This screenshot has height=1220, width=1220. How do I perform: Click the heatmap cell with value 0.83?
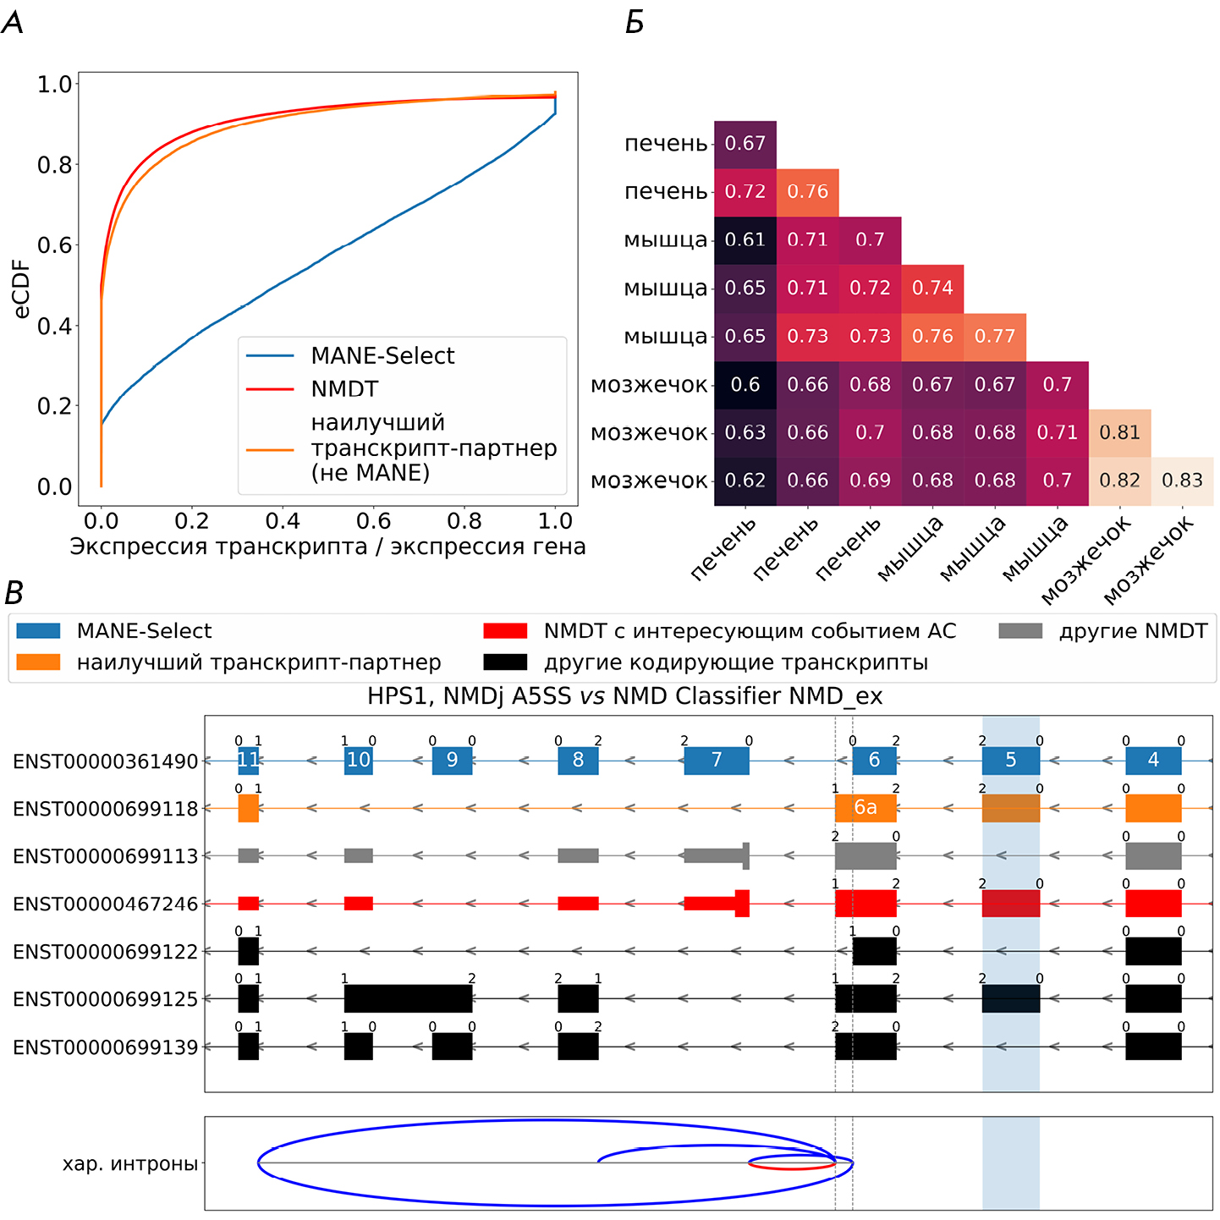coord(1182,481)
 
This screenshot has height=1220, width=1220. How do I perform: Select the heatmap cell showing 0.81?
coord(1119,432)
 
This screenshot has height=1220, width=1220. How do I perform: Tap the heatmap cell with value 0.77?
coord(995,337)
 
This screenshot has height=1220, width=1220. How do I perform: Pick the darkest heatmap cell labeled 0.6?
coord(745,385)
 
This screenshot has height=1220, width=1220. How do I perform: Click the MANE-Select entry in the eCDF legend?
coord(382,356)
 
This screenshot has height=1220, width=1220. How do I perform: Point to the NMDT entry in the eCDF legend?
coord(344,389)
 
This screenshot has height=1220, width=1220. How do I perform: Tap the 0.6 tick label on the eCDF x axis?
coord(373,520)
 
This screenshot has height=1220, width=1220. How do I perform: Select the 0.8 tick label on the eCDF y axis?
coord(54,165)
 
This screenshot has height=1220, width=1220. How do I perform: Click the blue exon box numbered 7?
coord(717,760)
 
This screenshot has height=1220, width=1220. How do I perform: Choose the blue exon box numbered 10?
coord(359,760)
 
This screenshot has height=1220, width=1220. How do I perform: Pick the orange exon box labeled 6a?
coord(865,808)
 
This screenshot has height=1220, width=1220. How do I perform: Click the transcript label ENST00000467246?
coord(105,904)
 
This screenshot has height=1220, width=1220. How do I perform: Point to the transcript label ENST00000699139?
coord(105,1047)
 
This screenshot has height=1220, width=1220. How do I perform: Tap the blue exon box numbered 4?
coord(1153,760)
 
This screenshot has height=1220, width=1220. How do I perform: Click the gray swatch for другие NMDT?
coord(1019,631)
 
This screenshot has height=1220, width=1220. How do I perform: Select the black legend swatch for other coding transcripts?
coord(504,662)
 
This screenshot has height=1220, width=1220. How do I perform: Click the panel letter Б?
coord(635,23)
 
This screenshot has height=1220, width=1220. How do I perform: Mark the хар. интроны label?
coord(129,1164)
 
